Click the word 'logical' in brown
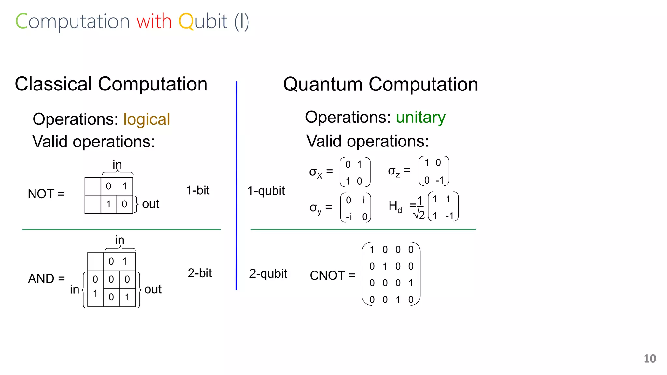(147, 119)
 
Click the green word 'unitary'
(420, 118)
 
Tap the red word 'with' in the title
(154, 21)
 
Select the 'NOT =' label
(46, 194)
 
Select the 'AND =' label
(46, 279)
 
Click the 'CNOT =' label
(332, 276)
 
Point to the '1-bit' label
(198, 190)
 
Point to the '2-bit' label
(200, 273)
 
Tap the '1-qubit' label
(266, 191)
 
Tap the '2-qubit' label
(268, 274)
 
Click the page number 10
(649, 359)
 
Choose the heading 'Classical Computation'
(111, 84)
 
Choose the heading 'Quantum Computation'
(380, 85)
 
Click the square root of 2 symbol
(419, 215)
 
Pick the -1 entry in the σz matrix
(439, 180)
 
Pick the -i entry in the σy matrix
(348, 217)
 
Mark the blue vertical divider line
(236, 186)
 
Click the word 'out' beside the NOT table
(150, 204)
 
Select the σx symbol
(315, 173)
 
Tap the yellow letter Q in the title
(186, 21)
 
